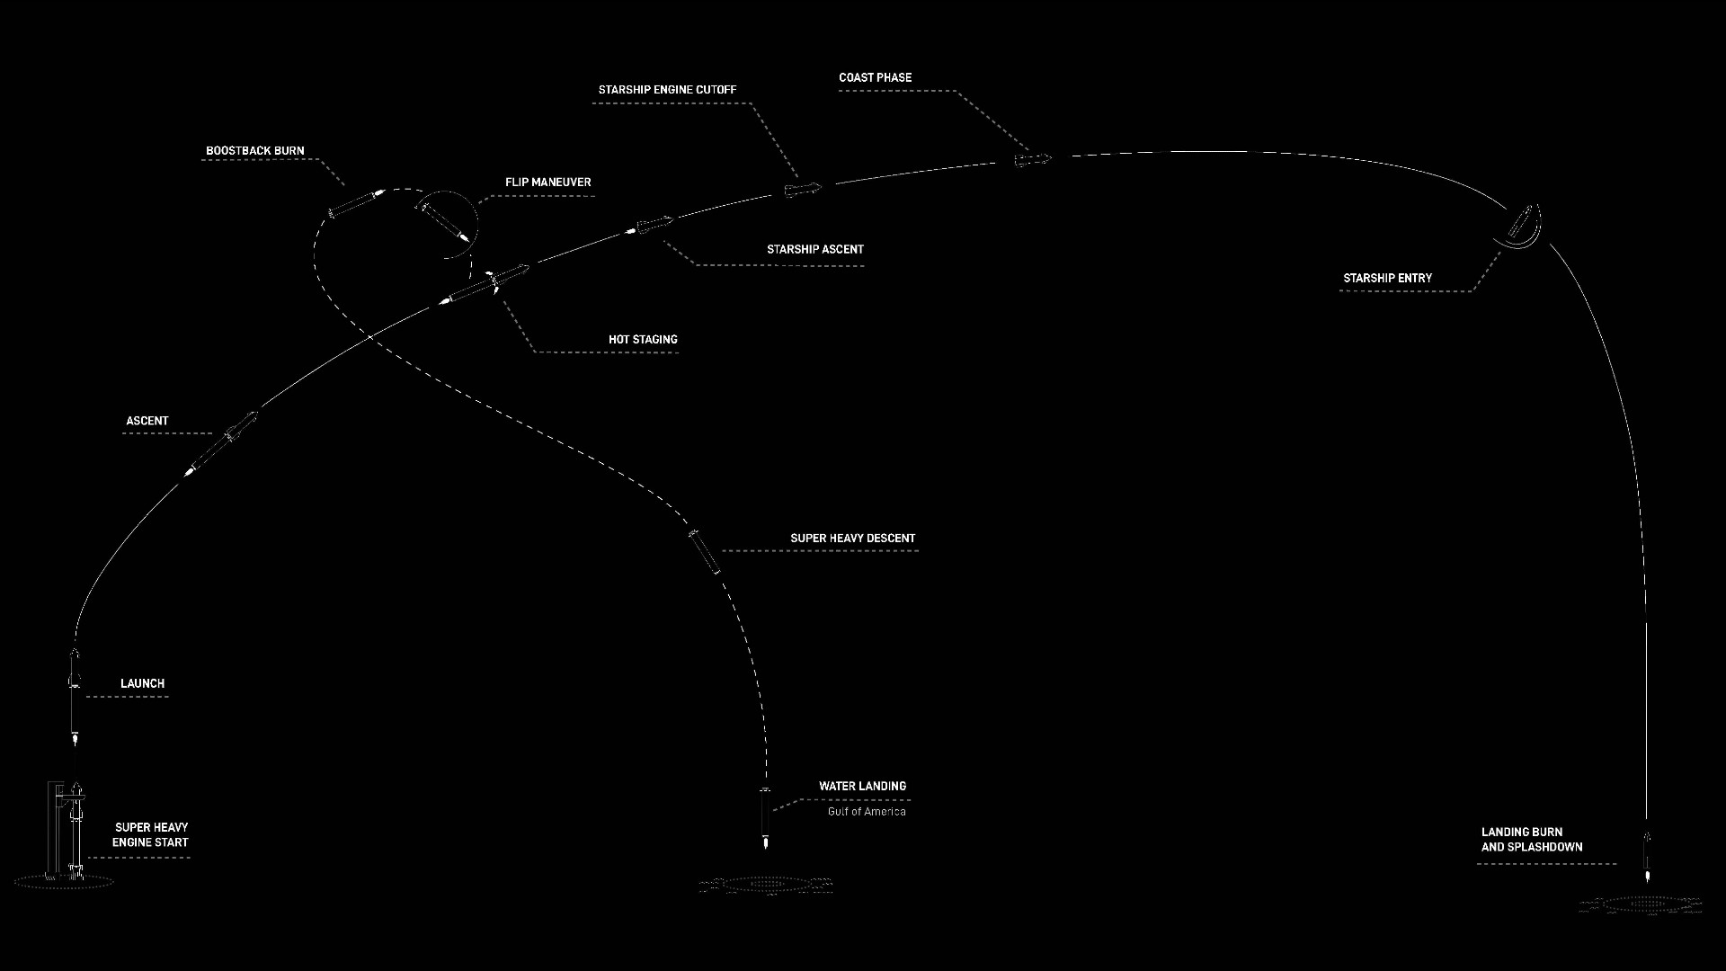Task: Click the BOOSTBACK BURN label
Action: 255,151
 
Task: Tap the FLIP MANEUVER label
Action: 548,183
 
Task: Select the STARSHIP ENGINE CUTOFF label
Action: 668,90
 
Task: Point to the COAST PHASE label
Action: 876,78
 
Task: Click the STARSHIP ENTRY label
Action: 1388,279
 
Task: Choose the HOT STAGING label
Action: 643,340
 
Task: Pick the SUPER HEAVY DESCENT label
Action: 853,539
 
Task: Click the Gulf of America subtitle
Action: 867,812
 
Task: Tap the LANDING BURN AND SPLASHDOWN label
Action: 1532,840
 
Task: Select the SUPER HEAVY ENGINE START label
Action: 151,835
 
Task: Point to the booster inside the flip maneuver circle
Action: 443,221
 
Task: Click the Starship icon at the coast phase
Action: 1033,159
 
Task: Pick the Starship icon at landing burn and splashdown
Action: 1647,854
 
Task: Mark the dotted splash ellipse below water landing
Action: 766,886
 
